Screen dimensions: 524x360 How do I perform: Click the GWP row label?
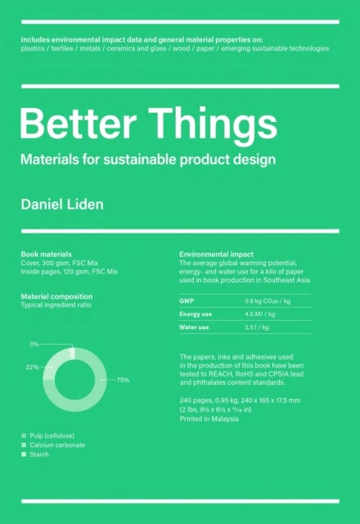point(187,301)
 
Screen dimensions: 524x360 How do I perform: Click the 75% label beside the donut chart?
point(123,380)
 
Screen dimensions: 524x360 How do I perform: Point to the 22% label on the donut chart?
point(32,367)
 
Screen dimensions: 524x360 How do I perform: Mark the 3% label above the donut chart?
point(34,345)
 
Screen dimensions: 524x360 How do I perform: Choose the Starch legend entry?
point(41,454)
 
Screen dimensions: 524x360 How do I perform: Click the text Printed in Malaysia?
point(209,418)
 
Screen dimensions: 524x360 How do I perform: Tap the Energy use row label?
point(196,314)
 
